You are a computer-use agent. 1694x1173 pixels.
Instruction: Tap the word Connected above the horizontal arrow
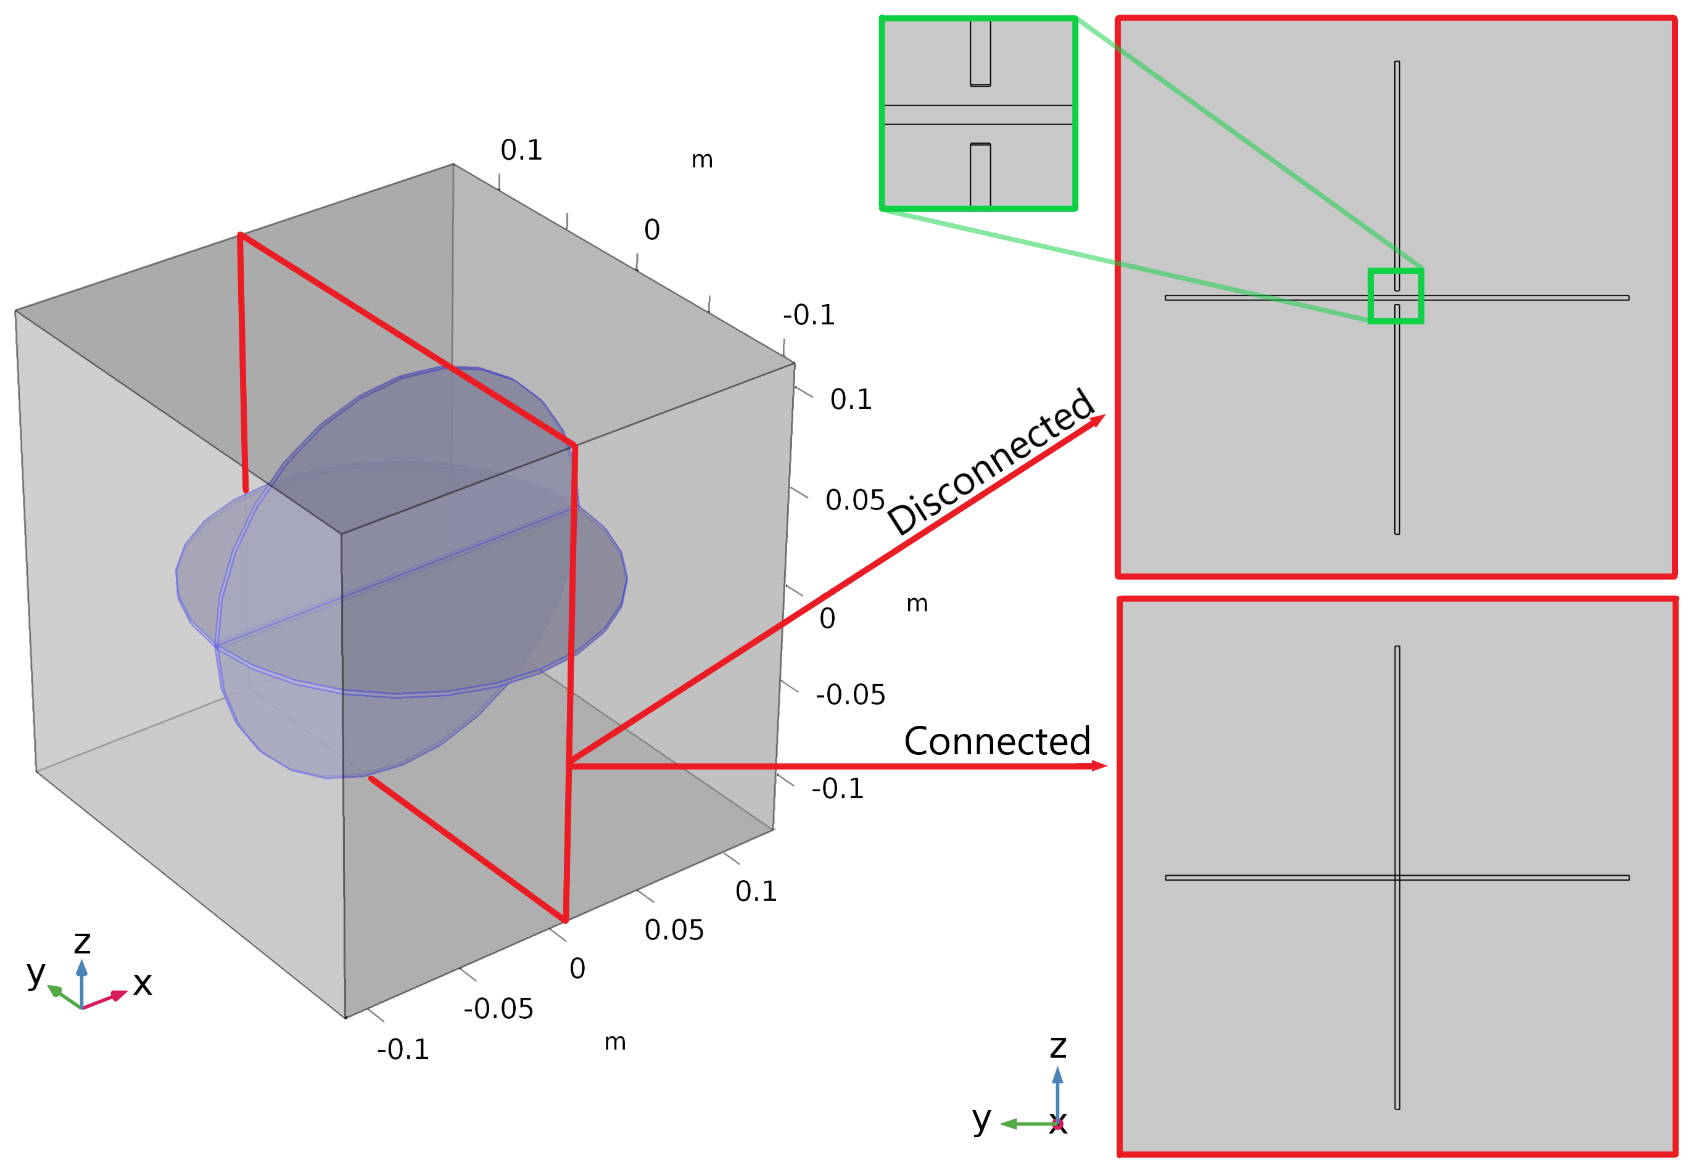tap(996, 741)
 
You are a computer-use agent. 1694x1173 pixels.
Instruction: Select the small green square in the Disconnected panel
tap(1395, 296)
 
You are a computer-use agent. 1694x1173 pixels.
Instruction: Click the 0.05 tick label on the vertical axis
tap(854, 501)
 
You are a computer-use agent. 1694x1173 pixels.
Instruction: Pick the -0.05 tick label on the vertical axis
tap(850, 694)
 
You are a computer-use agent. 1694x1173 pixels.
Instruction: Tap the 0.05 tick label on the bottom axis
tap(674, 931)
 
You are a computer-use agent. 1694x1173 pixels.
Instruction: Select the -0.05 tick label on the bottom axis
tap(498, 1009)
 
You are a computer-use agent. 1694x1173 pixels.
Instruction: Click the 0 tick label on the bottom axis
tap(577, 969)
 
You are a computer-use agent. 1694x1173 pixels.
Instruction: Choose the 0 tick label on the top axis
tap(651, 230)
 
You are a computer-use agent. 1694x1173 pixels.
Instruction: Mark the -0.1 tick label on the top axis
tap(808, 315)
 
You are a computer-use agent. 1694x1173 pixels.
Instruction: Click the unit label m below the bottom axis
tap(614, 1042)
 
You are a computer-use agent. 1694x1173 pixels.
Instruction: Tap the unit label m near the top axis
tap(701, 160)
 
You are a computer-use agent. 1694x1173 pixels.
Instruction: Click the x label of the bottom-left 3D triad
tap(143, 984)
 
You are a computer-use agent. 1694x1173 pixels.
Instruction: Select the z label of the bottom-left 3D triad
tap(82, 943)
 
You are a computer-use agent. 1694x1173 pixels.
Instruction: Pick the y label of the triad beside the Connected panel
tap(981, 1119)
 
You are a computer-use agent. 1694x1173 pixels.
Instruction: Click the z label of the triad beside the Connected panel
tap(1057, 1047)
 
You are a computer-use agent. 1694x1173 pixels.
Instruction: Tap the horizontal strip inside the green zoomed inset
tap(978, 115)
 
